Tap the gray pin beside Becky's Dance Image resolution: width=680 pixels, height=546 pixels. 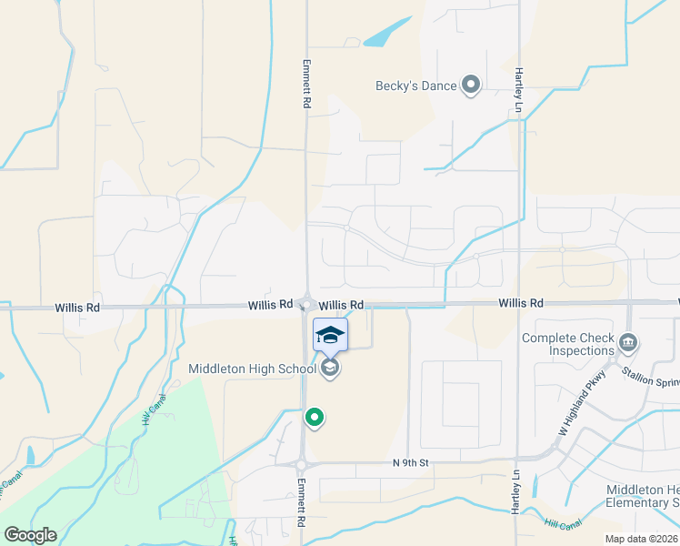pos(471,86)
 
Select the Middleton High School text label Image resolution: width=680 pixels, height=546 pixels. pos(252,369)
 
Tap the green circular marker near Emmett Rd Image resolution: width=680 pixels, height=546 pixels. pos(315,418)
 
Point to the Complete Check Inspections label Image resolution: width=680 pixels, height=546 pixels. pos(568,345)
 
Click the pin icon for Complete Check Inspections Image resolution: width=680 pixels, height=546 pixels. pos(628,343)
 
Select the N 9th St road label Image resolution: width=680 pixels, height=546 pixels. pos(410,463)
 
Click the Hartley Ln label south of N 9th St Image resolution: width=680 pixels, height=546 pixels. pos(515,496)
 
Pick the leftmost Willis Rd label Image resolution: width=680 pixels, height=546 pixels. pos(77,308)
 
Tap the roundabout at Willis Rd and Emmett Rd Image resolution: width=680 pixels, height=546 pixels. pos(307,305)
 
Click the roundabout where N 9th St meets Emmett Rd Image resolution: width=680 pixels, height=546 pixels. pos(301,464)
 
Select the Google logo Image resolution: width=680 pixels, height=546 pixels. pos(30,535)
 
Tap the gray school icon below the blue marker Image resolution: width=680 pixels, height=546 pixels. pos(330,368)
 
